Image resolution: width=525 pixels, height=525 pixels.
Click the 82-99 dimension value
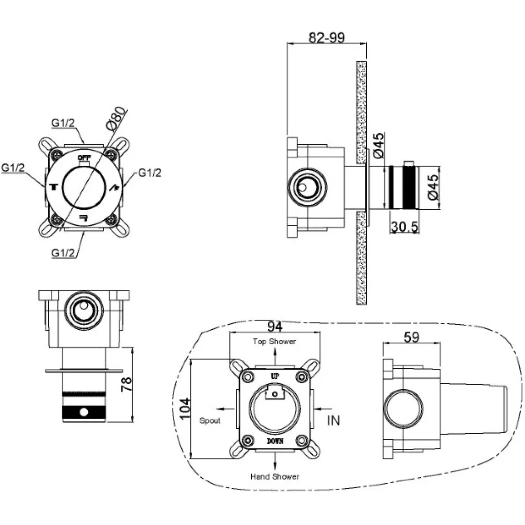[x=326, y=38]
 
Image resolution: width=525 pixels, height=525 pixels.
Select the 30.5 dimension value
[x=404, y=227]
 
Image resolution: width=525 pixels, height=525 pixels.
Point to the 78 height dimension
[x=126, y=385]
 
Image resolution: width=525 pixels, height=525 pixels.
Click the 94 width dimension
[x=275, y=326]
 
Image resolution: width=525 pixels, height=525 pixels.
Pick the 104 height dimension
[x=185, y=409]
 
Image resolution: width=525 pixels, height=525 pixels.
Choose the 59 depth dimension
[x=411, y=337]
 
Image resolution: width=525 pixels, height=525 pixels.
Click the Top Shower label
[x=274, y=342]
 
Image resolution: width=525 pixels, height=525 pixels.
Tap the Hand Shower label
[x=275, y=476]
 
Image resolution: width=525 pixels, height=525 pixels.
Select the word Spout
[x=210, y=420]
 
